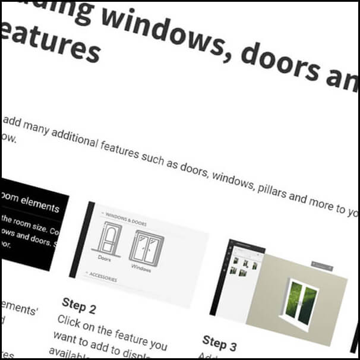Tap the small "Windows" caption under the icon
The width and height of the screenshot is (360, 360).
[x=142, y=267]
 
